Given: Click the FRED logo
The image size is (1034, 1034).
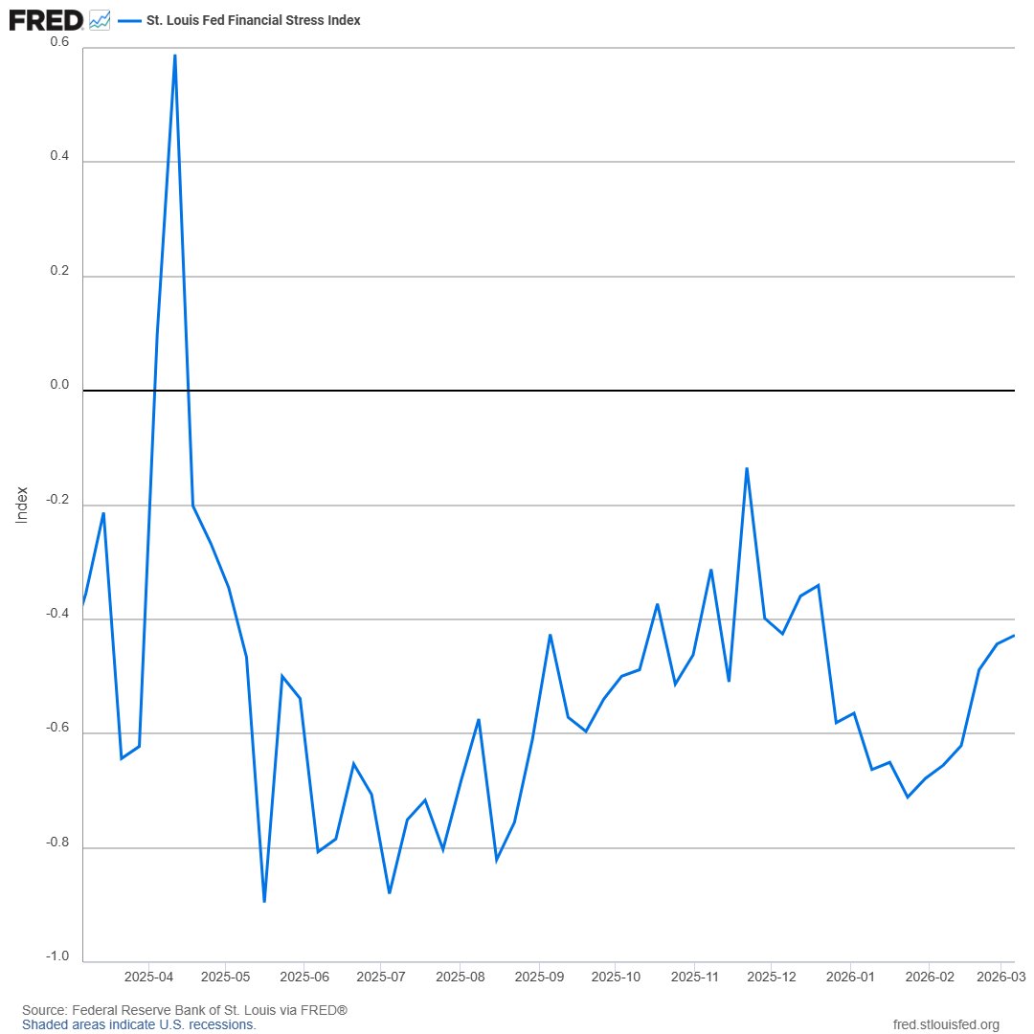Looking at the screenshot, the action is click(x=46, y=20).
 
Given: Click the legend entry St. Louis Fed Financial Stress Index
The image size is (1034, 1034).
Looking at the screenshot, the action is click(x=253, y=20).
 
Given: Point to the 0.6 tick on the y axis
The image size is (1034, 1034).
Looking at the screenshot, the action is click(x=59, y=41).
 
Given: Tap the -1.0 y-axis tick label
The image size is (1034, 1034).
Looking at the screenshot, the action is click(x=57, y=956).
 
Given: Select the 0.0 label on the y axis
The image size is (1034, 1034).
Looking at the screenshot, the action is click(x=59, y=385).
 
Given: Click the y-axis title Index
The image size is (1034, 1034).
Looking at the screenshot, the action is click(x=22, y=506).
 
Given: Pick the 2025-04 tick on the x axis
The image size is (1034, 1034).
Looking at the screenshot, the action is click(x=149, y=977).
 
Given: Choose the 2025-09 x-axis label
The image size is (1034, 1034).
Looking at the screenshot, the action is click(x=539, y=977).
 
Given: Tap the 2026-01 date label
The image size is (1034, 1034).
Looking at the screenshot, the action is click(x=851, y=977).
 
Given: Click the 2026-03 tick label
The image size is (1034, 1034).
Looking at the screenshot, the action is click(x=1001, y=977).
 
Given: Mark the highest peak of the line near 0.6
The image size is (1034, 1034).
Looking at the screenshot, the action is click(x=175, y=56).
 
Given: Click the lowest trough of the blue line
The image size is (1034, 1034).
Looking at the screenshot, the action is click(x=264, y=901).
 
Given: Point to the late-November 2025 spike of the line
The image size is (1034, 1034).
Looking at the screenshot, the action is click(x=747, y=468).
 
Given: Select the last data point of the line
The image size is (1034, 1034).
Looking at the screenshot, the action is click(x=1014, y=635).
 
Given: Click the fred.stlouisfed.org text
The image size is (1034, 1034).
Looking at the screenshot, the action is click(x=946, y=1024).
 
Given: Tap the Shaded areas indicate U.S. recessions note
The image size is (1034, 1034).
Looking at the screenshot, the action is click(x=139, y=1024).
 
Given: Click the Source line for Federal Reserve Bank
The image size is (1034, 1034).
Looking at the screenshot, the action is click(x=185, y=1010).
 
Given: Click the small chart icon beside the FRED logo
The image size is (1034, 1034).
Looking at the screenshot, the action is click(x=100, y=20).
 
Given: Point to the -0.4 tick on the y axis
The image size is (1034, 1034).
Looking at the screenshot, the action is click(x=57, y=614).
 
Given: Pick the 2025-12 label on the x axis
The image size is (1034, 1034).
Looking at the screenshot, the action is click(x=772, y=977).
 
